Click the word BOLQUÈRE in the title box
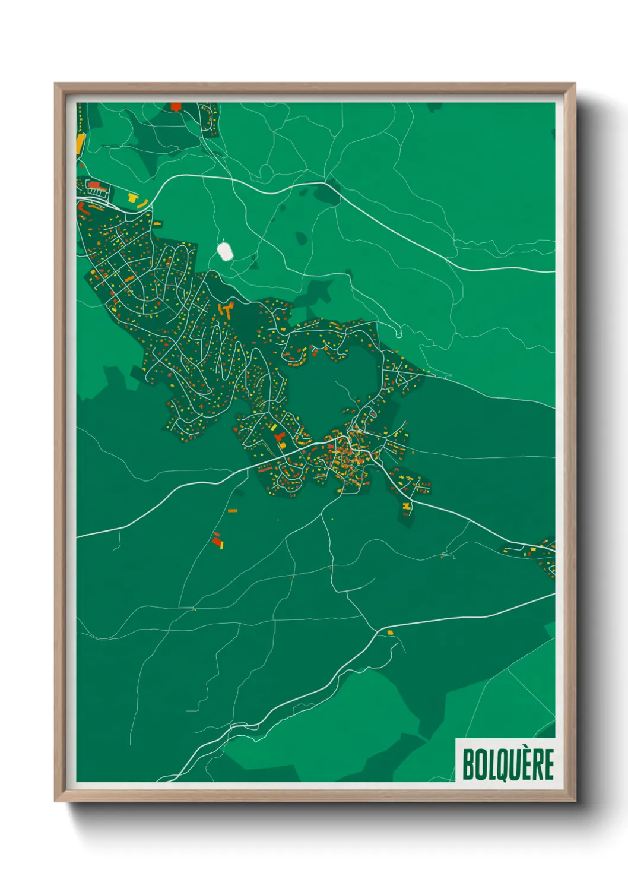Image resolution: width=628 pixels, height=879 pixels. [508, 764]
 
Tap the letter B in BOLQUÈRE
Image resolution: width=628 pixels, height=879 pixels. [468, 764]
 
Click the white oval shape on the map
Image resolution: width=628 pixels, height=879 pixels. [225, 251]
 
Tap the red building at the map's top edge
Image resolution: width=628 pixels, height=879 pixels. [176, 107]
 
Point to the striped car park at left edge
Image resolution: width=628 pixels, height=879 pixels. [97, 189]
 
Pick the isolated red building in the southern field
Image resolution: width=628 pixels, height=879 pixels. [217, 541]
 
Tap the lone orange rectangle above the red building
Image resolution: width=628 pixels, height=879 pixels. [233, 510]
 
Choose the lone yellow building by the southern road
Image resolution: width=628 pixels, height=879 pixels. [390, 633]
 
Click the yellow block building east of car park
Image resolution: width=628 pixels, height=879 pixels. [134, 198]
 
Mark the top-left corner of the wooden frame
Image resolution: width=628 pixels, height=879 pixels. [56, 84]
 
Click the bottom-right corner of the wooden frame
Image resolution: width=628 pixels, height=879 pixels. [575, 801]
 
